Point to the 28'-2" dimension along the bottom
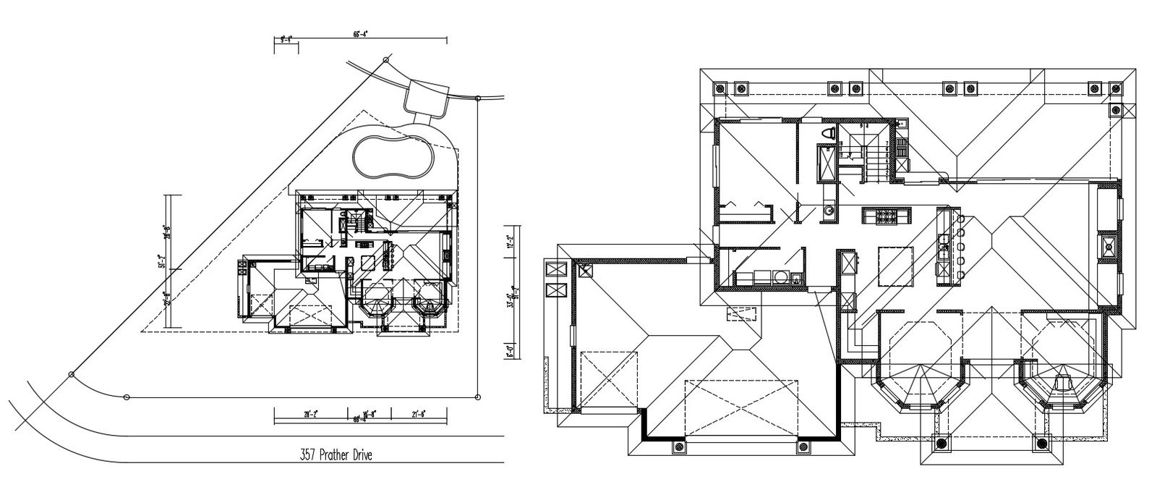click(311, 414)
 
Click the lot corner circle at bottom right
click(479, 396)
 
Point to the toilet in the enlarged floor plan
click(830, 134)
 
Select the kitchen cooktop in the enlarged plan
click(887, 215)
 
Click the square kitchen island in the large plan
click(895, 266)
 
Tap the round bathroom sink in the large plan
click(829, 211)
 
